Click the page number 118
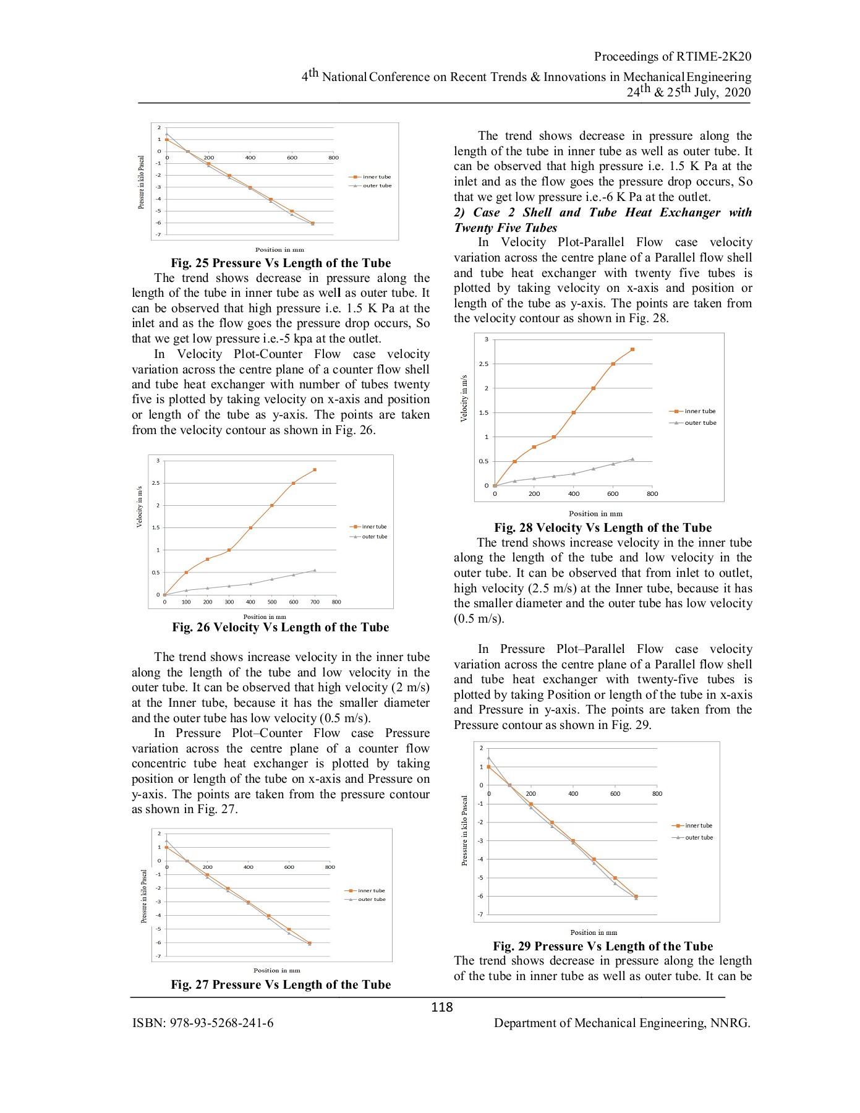tap(441, 1007)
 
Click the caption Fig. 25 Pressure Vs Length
tap(281, 263)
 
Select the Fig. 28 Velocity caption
tap(603, 527)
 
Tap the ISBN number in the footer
tap(203, 1023)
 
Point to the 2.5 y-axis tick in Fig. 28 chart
tap(484, 364)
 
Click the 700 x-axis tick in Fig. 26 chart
tap(315, 602)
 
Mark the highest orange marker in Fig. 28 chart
tap(632, 349)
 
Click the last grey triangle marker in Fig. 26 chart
tap(315, 570)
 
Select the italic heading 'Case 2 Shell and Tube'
tap(603, 220)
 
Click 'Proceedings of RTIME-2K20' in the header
tap(673, 56)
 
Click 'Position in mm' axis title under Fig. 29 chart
tap(594, 932)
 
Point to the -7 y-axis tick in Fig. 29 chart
tap(481, 914)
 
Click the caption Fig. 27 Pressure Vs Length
tap(281, 984)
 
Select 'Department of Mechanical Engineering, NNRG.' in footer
tap(622, 1023)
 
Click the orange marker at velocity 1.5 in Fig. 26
tap(250, 527)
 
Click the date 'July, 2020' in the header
tap(723, 92)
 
